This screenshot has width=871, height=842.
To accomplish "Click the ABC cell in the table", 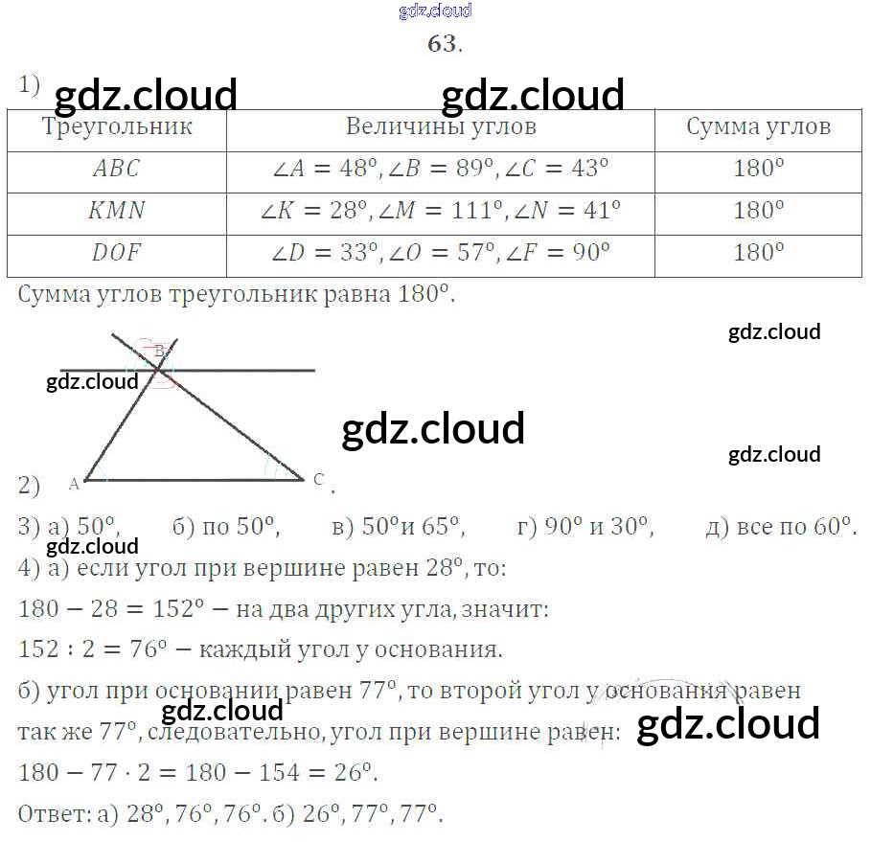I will coord(116,170).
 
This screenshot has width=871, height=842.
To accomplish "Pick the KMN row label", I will coord(116,212).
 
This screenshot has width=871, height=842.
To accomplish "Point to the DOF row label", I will coord(116,254).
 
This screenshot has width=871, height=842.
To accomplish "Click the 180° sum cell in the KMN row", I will coord(758,212).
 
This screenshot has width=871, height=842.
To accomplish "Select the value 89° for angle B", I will coord(475,170).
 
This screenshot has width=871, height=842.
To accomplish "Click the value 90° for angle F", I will coord(590,254).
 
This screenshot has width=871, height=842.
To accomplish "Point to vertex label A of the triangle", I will coord(75,484).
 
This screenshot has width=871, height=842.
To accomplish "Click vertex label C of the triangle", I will coord(319,479).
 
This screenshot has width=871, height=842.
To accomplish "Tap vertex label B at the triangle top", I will coord(160,351).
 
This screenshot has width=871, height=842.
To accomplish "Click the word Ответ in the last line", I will coord(55,815).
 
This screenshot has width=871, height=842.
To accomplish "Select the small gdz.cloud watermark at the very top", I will coord(435,11).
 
